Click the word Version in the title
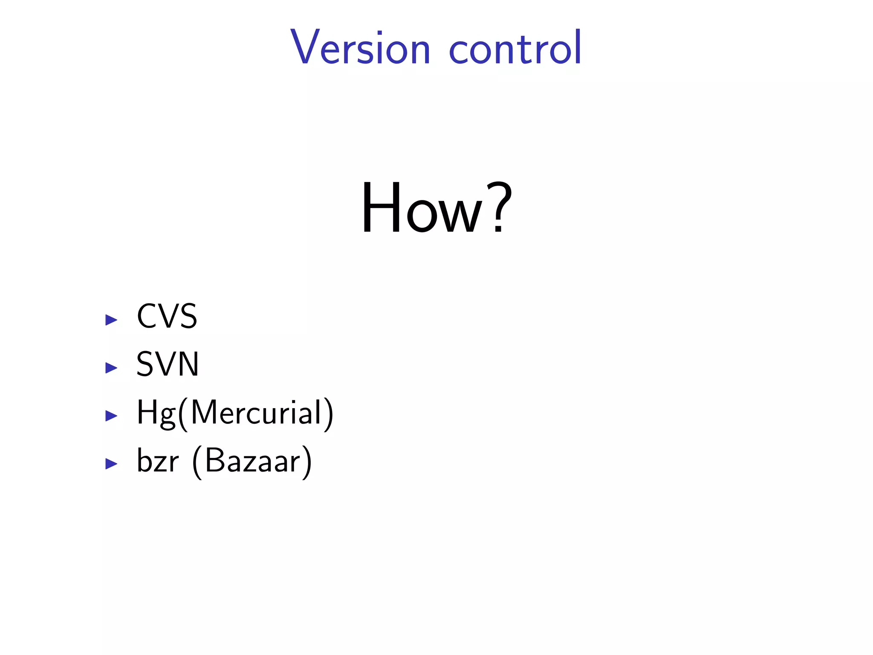[360, 48]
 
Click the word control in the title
[515, 48]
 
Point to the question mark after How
[500, 208]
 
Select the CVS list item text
[167, 316]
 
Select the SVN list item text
[168, 365]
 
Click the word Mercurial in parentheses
[256, 413]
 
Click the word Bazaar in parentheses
[253, 461]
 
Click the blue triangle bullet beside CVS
[111, 320]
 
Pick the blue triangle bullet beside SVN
[111, 368]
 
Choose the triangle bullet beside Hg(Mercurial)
[111, 416]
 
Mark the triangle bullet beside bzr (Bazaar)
[111, 464]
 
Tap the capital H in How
[381, 208]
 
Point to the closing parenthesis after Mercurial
[328, 414]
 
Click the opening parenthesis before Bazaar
[197, 463]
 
